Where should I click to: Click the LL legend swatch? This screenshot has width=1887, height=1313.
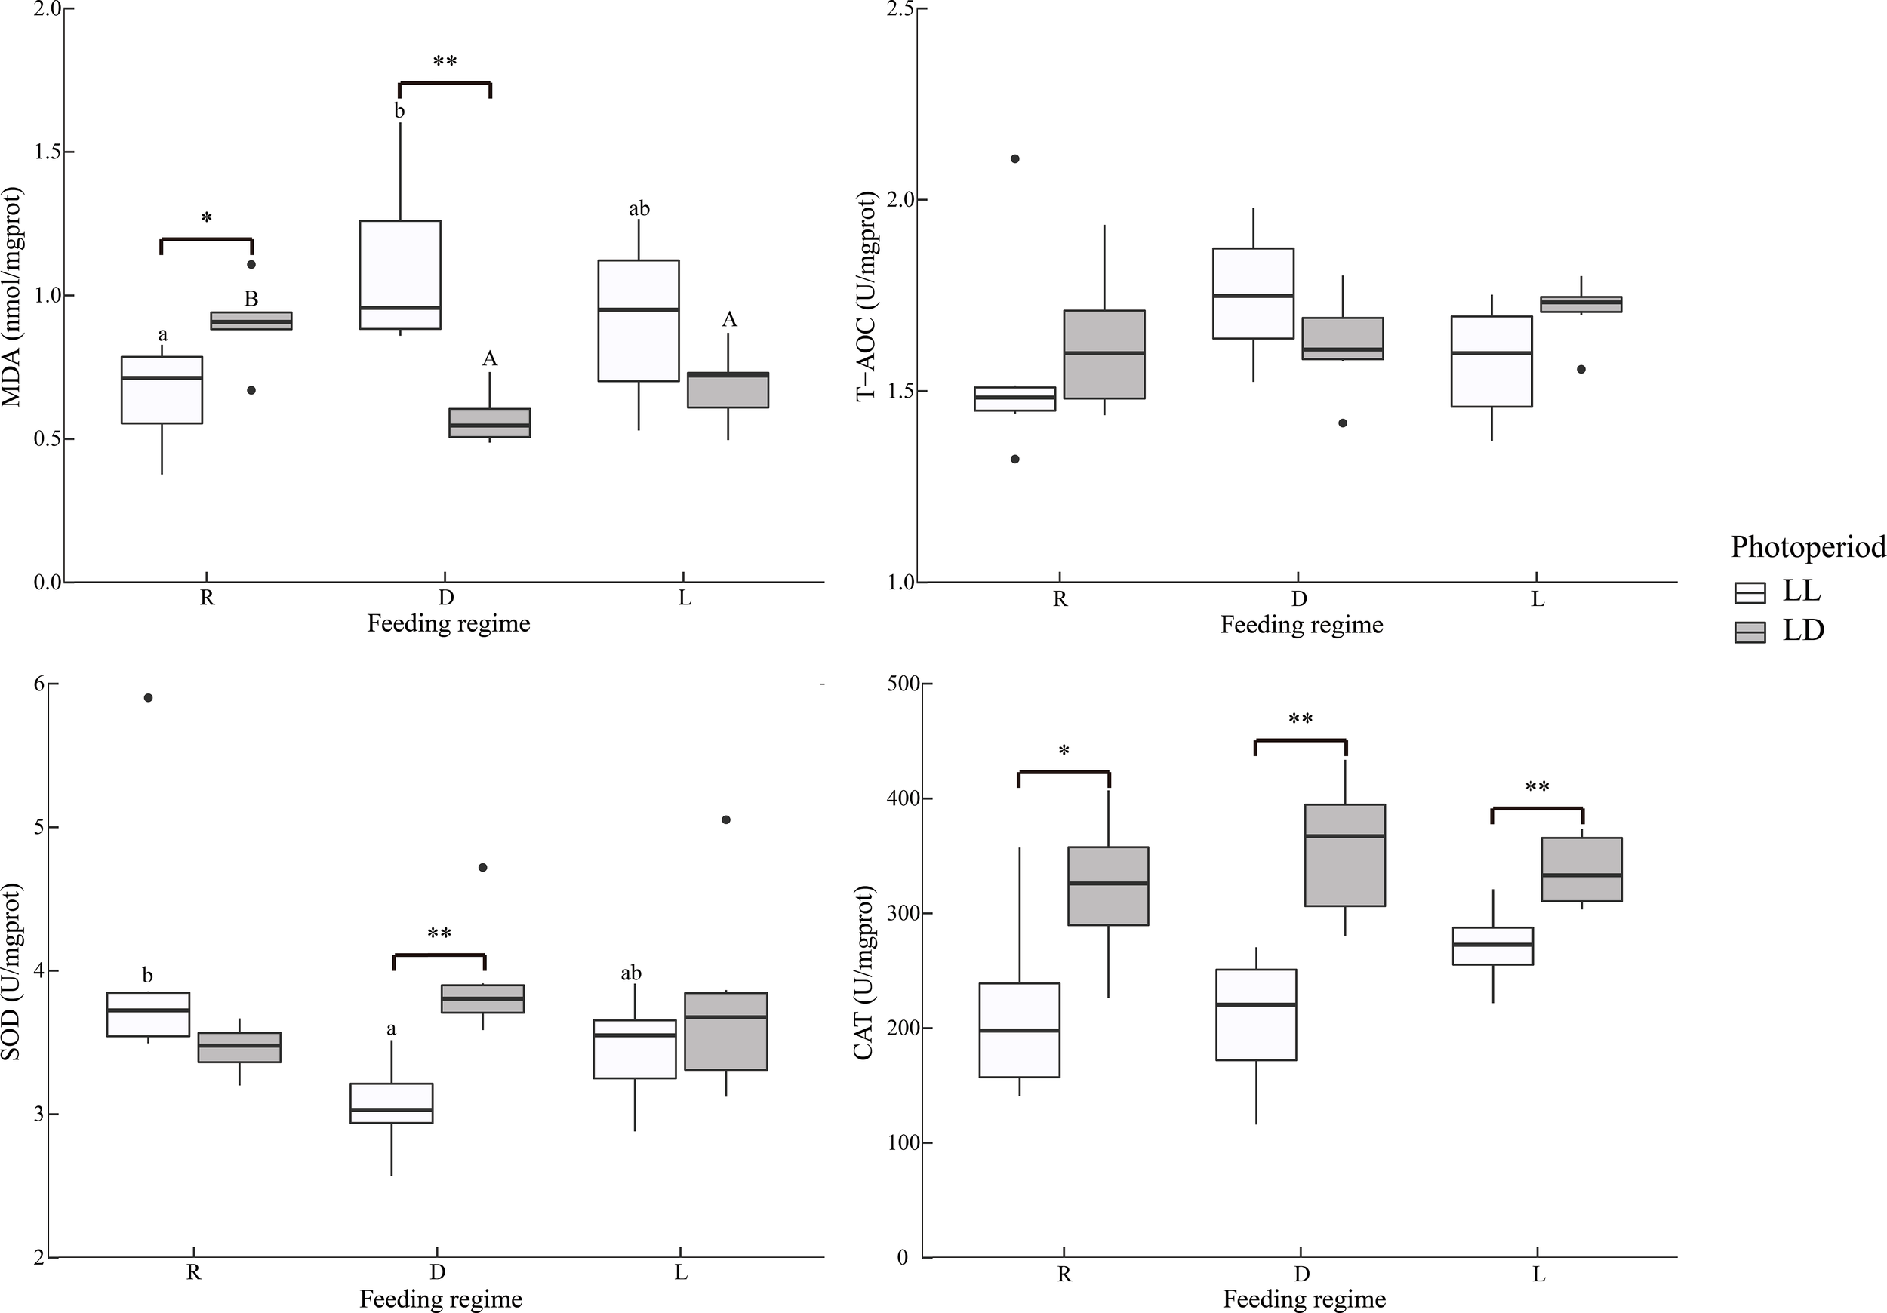pos(1750,592)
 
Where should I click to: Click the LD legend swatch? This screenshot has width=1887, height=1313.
pos(1750,632)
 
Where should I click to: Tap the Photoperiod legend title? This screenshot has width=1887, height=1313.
pos(1807,546)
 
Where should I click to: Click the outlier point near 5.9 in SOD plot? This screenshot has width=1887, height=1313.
pos(149,697)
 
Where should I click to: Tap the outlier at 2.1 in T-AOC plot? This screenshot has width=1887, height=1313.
pos(1015,158)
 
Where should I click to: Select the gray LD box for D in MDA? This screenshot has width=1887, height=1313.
pos(489,423)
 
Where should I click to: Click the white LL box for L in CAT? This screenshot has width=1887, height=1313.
pos(1492,946)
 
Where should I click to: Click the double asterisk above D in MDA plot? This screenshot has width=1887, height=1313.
pos(445,62)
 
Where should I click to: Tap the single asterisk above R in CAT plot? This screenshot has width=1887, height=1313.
pos(1064,751)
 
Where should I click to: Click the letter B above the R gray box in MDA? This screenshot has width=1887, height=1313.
pos(251,299)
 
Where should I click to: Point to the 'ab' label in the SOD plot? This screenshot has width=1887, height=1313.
pos(630,973)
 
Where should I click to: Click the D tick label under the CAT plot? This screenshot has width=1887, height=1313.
pos(1302,1275)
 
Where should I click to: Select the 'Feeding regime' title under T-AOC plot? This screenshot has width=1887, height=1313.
pos(1301,626)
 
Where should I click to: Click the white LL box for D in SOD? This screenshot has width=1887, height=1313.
pos(391,1102)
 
